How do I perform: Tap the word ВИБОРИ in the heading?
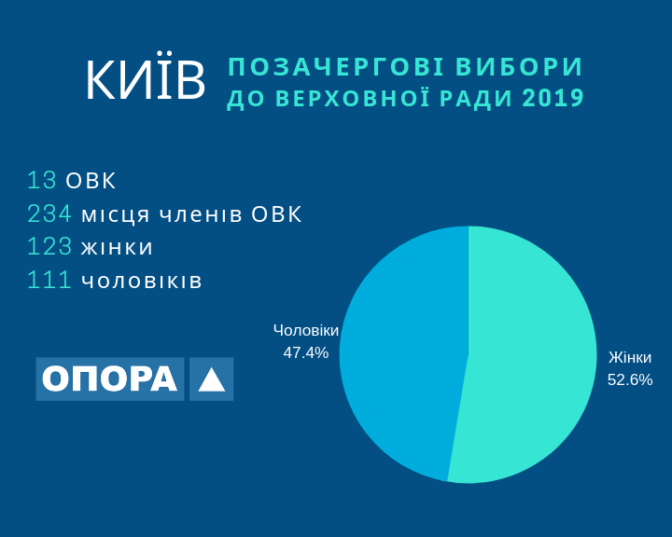pos(519,66)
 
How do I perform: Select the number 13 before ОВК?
pos(42,180)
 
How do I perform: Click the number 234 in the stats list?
pos(49,213)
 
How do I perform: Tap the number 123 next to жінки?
pos(49,247)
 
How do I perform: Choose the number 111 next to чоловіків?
pos(49,280)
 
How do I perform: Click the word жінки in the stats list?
pos(117,247)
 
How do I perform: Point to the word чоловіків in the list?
pos(142,281)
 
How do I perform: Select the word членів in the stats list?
pos(201,214)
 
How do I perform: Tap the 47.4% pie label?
pos(305,352)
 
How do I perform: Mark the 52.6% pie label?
pos(630,379)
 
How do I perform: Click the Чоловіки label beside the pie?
pos(306,331)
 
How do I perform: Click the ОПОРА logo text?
pos(110,379)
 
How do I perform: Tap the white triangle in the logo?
pos(212,379)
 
